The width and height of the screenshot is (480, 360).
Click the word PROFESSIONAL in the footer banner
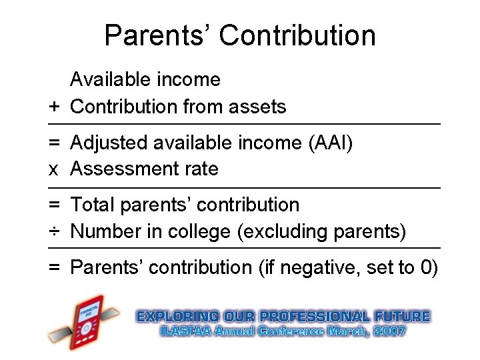tap(311, 316)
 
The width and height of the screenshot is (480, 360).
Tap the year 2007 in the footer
tap(389, 331)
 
